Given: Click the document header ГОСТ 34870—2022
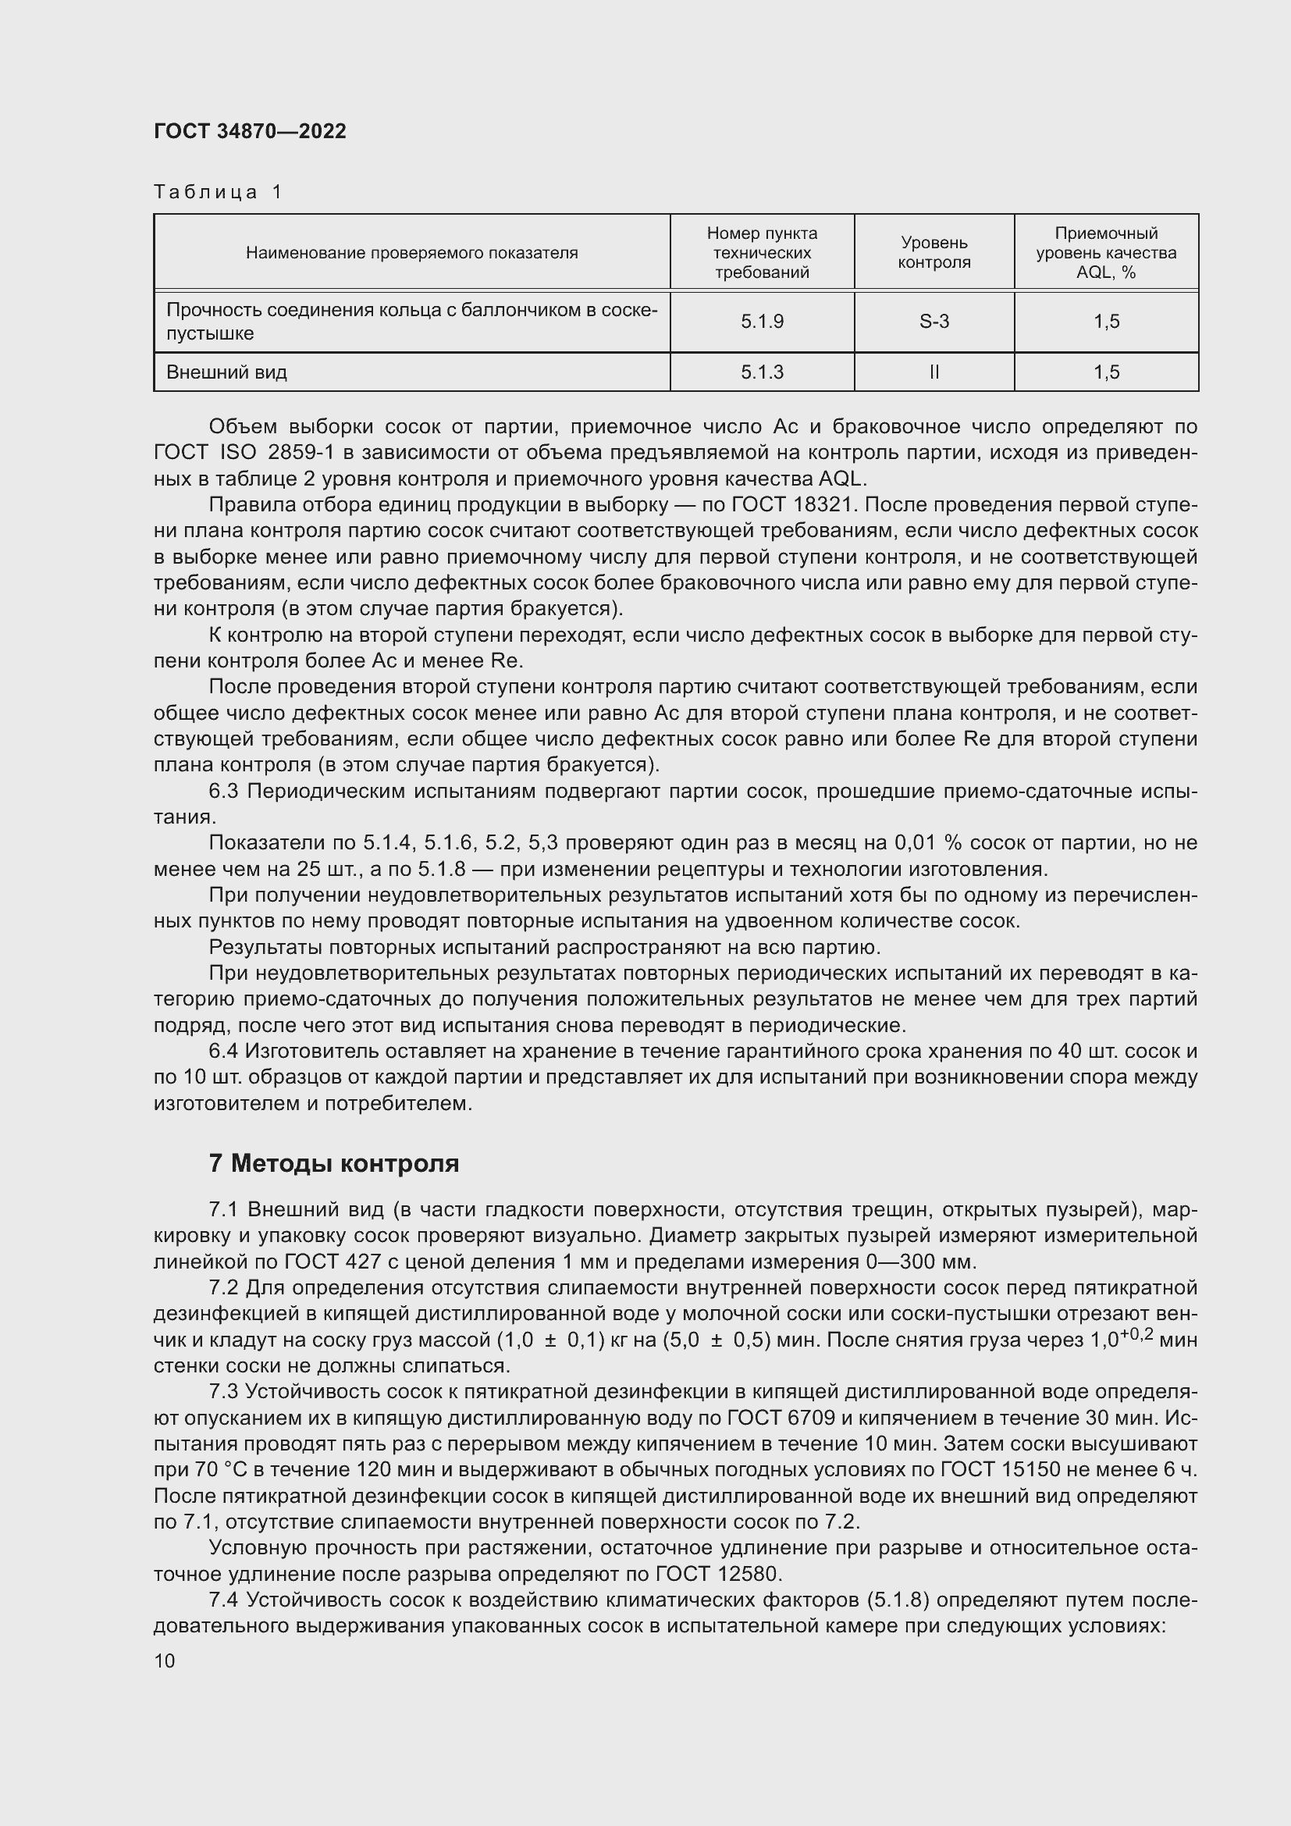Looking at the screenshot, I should click(250, 131).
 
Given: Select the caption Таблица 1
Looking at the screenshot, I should click(218, 192).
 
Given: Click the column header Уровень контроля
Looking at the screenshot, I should click(934, 252).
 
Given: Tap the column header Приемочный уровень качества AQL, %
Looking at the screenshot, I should click(1106, 252).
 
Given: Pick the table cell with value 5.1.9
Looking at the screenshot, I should click(762, 322).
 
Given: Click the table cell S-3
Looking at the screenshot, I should click(934, 322).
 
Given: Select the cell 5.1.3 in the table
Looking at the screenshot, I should click(762, 372).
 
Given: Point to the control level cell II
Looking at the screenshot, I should click(934, 372).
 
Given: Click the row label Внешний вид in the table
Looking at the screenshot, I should click(226, 372).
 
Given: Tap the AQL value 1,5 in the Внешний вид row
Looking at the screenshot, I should click(1106, 372).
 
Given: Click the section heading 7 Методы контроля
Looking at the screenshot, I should click(334, 1163).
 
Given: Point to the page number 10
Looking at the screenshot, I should click(165, 1660).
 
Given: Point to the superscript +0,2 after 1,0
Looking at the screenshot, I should click(1136, 1334).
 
